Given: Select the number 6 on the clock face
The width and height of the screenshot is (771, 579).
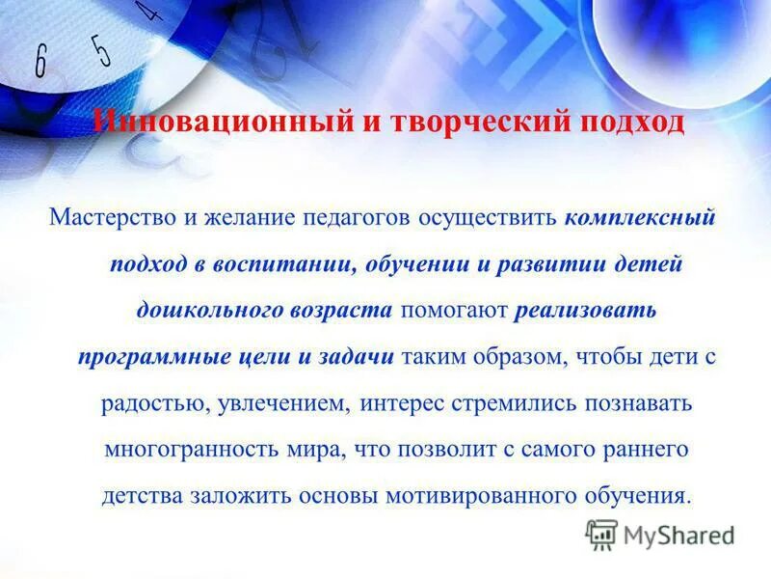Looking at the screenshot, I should click(40, 62).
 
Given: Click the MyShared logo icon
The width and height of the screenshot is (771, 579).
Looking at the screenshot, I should click(601, 534).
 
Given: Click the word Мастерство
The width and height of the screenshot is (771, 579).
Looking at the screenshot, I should click(114, 219).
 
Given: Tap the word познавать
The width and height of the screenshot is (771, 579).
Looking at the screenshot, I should click(637, 402).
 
